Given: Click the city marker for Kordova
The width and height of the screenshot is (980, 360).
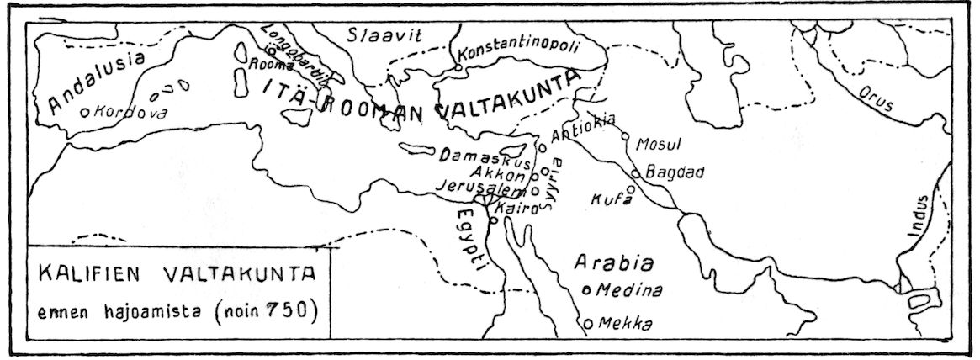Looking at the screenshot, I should point(84,111).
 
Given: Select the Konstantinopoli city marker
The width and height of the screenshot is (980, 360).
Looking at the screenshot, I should point(457,66).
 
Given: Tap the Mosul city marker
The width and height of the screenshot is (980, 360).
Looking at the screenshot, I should point(625,135).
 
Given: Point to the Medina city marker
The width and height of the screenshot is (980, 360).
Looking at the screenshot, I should point(586,290).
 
